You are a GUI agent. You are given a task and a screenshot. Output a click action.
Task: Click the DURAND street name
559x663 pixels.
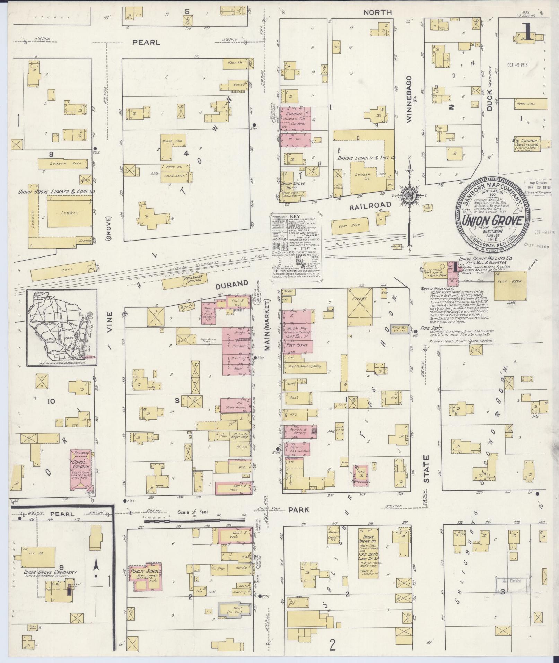coord(232,283)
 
